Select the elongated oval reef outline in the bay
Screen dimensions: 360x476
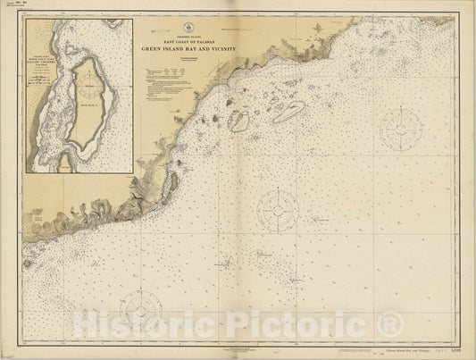tap(288, 112)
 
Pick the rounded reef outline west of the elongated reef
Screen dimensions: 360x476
tap(238, 121)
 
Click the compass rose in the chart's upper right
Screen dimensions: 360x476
tap(398, 130)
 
